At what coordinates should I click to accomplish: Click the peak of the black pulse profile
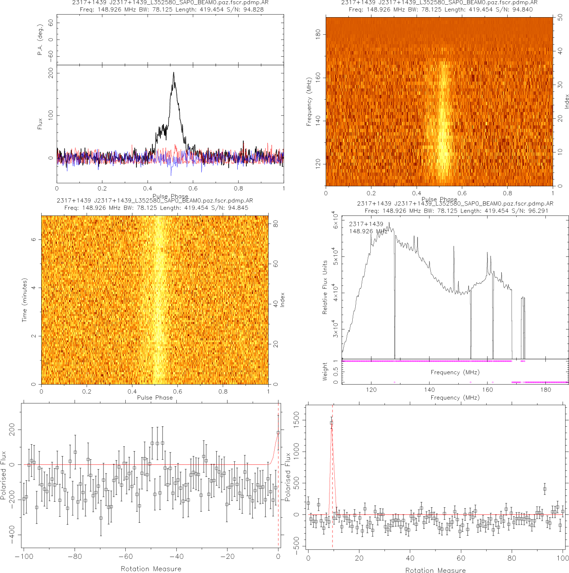pos(173,73)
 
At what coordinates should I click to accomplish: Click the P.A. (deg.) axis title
pos(40,39)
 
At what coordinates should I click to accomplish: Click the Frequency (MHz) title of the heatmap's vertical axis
pos(309,102)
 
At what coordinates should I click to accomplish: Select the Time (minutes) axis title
pos(24,300)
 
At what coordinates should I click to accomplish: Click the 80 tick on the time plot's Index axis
pos(275,224)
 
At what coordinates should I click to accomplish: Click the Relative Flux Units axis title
pos(325,287)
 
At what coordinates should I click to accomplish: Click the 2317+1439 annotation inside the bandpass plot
pos(366,224)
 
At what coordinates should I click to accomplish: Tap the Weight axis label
pos(325,371)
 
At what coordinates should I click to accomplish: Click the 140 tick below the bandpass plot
pos(430,390)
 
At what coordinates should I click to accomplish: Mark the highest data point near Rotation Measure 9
pos(331,423)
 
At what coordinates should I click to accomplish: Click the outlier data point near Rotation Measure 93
pos(545,489)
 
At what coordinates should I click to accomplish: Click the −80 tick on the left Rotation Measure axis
pos(75,557)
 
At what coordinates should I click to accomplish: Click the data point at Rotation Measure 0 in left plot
pos(278,433)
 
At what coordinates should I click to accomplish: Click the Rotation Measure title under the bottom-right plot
pos(435,570)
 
